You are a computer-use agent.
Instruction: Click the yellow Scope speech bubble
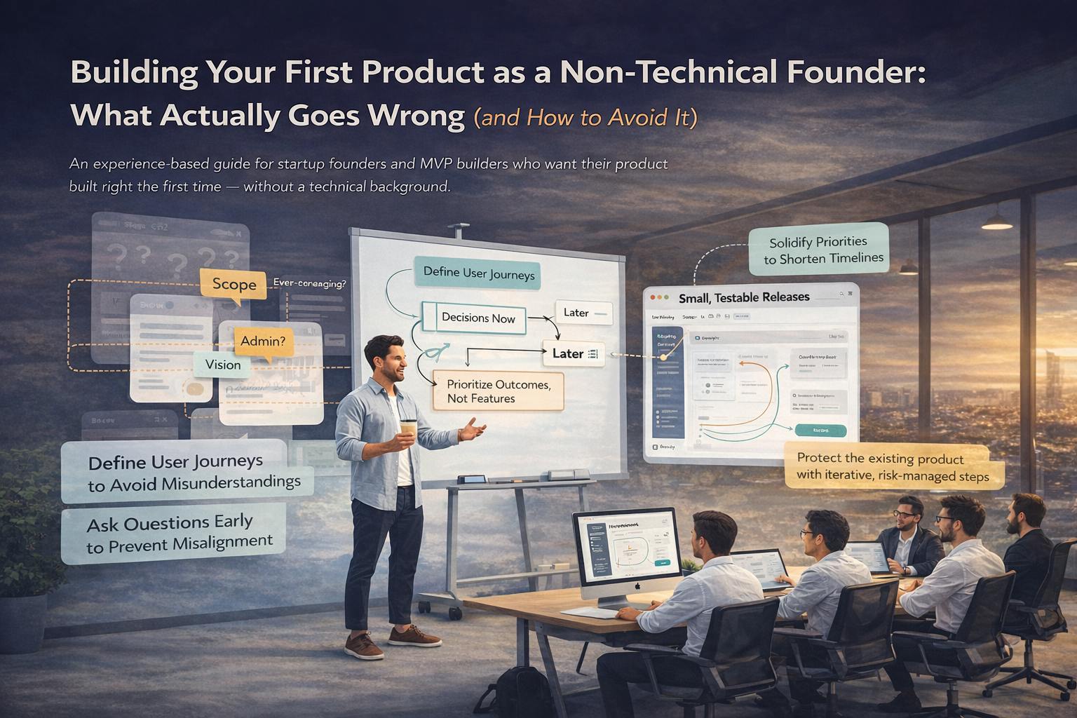pos(233,284)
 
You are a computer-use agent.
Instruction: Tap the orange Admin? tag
pos(263,341)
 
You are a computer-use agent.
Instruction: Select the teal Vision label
pos(223,365)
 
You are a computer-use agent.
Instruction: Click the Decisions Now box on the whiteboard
pos(478,318)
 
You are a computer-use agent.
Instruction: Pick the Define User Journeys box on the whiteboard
pos(478,273)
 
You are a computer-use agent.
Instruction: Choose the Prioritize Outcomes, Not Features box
pos(498,391)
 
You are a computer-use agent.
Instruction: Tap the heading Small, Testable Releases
pos(744,297)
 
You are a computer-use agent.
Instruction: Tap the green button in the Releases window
pos(820,431)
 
